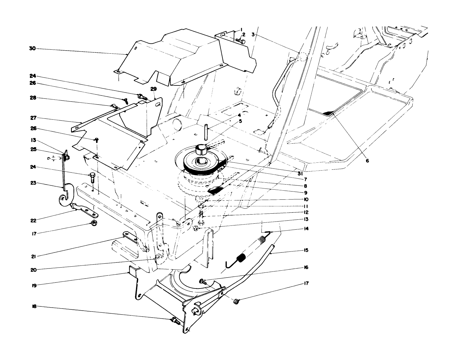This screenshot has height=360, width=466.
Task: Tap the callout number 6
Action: pos(367,161)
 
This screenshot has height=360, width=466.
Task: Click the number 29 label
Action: pos(154,88)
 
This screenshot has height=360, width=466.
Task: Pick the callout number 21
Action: pos(34,256)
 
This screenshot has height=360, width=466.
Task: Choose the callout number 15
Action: pos(306,250)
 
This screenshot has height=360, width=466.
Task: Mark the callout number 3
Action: pos(253,35)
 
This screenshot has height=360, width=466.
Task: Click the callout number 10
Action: pos(306,199)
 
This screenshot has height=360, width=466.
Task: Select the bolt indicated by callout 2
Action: pos(241,41)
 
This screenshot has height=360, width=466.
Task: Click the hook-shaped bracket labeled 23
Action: pos(64,194)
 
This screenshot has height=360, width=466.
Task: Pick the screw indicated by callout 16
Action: pos(202,282)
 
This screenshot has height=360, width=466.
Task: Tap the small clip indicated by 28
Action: pos(114,105)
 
